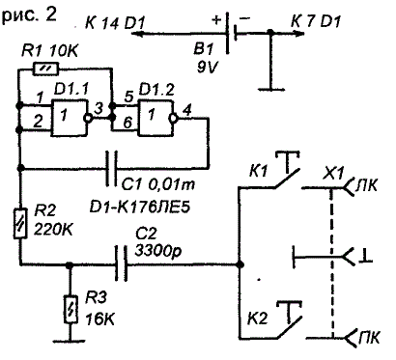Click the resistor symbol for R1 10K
coord(45,69)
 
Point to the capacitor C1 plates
coord(112,168)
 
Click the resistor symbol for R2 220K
coord(20,223)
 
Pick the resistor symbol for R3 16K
coord(71,309)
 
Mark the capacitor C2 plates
coord(122,263)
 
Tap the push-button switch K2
coord(289,319)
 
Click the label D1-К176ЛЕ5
coord(140,208)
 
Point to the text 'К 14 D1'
coord(115,23)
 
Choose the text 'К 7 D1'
coord(316,22)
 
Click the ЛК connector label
coord(366,185)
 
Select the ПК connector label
coord(369,337)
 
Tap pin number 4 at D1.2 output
coord(186,111)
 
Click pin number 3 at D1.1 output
coord(99,109)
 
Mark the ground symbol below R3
coord(70,341)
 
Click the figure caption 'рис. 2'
coord(29,15)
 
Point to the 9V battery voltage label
coord(207,68)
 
